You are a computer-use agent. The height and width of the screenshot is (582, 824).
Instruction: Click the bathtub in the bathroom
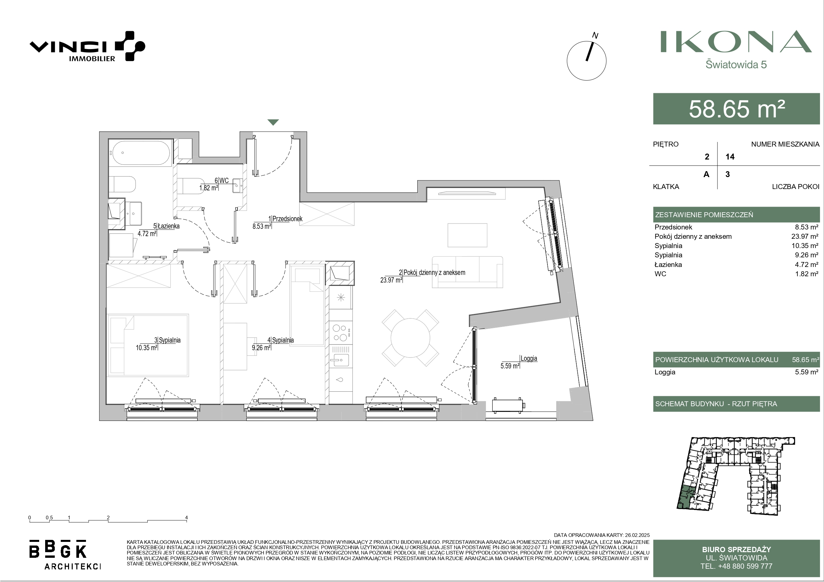(x=140, y=153)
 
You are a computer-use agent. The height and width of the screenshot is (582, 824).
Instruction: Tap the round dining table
(x=410, y=338)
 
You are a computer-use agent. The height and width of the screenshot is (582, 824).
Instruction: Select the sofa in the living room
(x=467, y=272)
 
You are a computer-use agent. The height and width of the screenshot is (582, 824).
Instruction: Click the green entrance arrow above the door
(x=273, y=122)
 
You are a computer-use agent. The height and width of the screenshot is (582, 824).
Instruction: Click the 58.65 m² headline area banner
(x=736, y=109)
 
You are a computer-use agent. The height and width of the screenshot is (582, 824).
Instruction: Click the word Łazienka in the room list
(x=668, y=264)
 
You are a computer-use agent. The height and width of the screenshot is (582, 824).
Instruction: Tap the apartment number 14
(x=730, y=157)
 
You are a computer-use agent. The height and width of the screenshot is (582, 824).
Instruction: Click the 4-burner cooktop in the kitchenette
(x=341, y=333)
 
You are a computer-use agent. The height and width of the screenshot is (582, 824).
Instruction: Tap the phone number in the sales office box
(x=736, y=566)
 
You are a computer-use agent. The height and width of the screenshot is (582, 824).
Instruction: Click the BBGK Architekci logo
(x=65, y=554)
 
